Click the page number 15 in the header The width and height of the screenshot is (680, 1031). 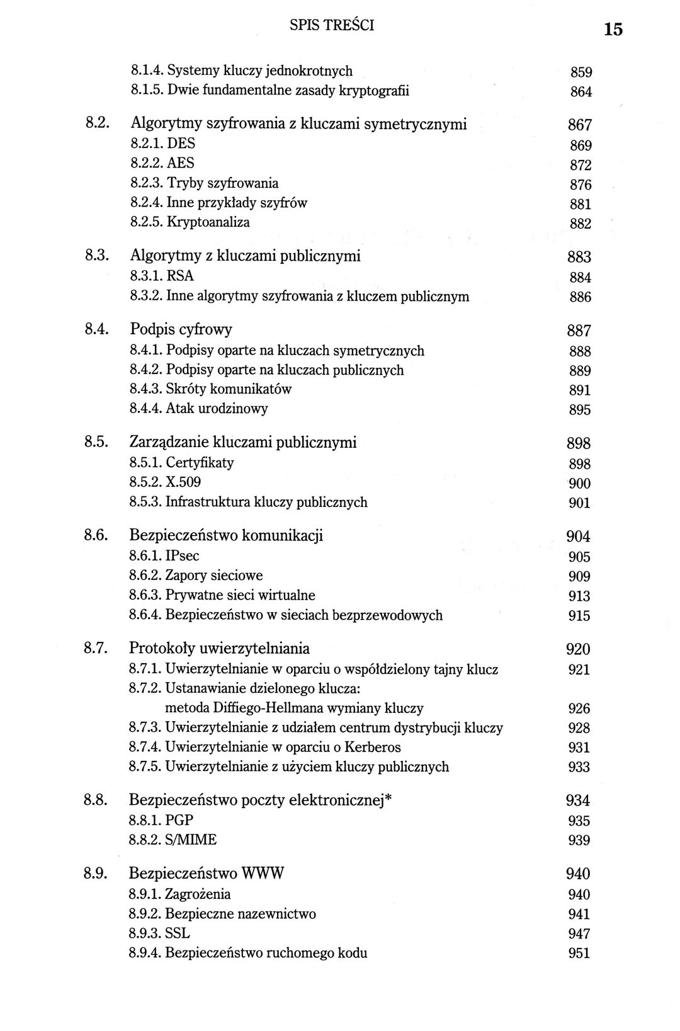click(613, 29)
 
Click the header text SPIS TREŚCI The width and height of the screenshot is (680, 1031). click(332, 26)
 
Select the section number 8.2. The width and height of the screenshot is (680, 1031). click(98, 123)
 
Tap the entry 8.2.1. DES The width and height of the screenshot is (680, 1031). click(162, 144)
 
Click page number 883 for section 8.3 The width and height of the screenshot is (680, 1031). click(579, 257)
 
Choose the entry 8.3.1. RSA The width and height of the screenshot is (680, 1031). click(162, 276)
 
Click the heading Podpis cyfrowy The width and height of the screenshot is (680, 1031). click(181, 329)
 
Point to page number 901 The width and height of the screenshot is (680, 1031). click(579, 503)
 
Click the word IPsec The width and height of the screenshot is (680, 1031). click(182, 556)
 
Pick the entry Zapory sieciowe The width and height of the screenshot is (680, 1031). click(214, 576)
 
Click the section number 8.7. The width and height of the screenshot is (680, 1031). click(98, 648)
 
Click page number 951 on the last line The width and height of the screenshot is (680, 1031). click(579, 954)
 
